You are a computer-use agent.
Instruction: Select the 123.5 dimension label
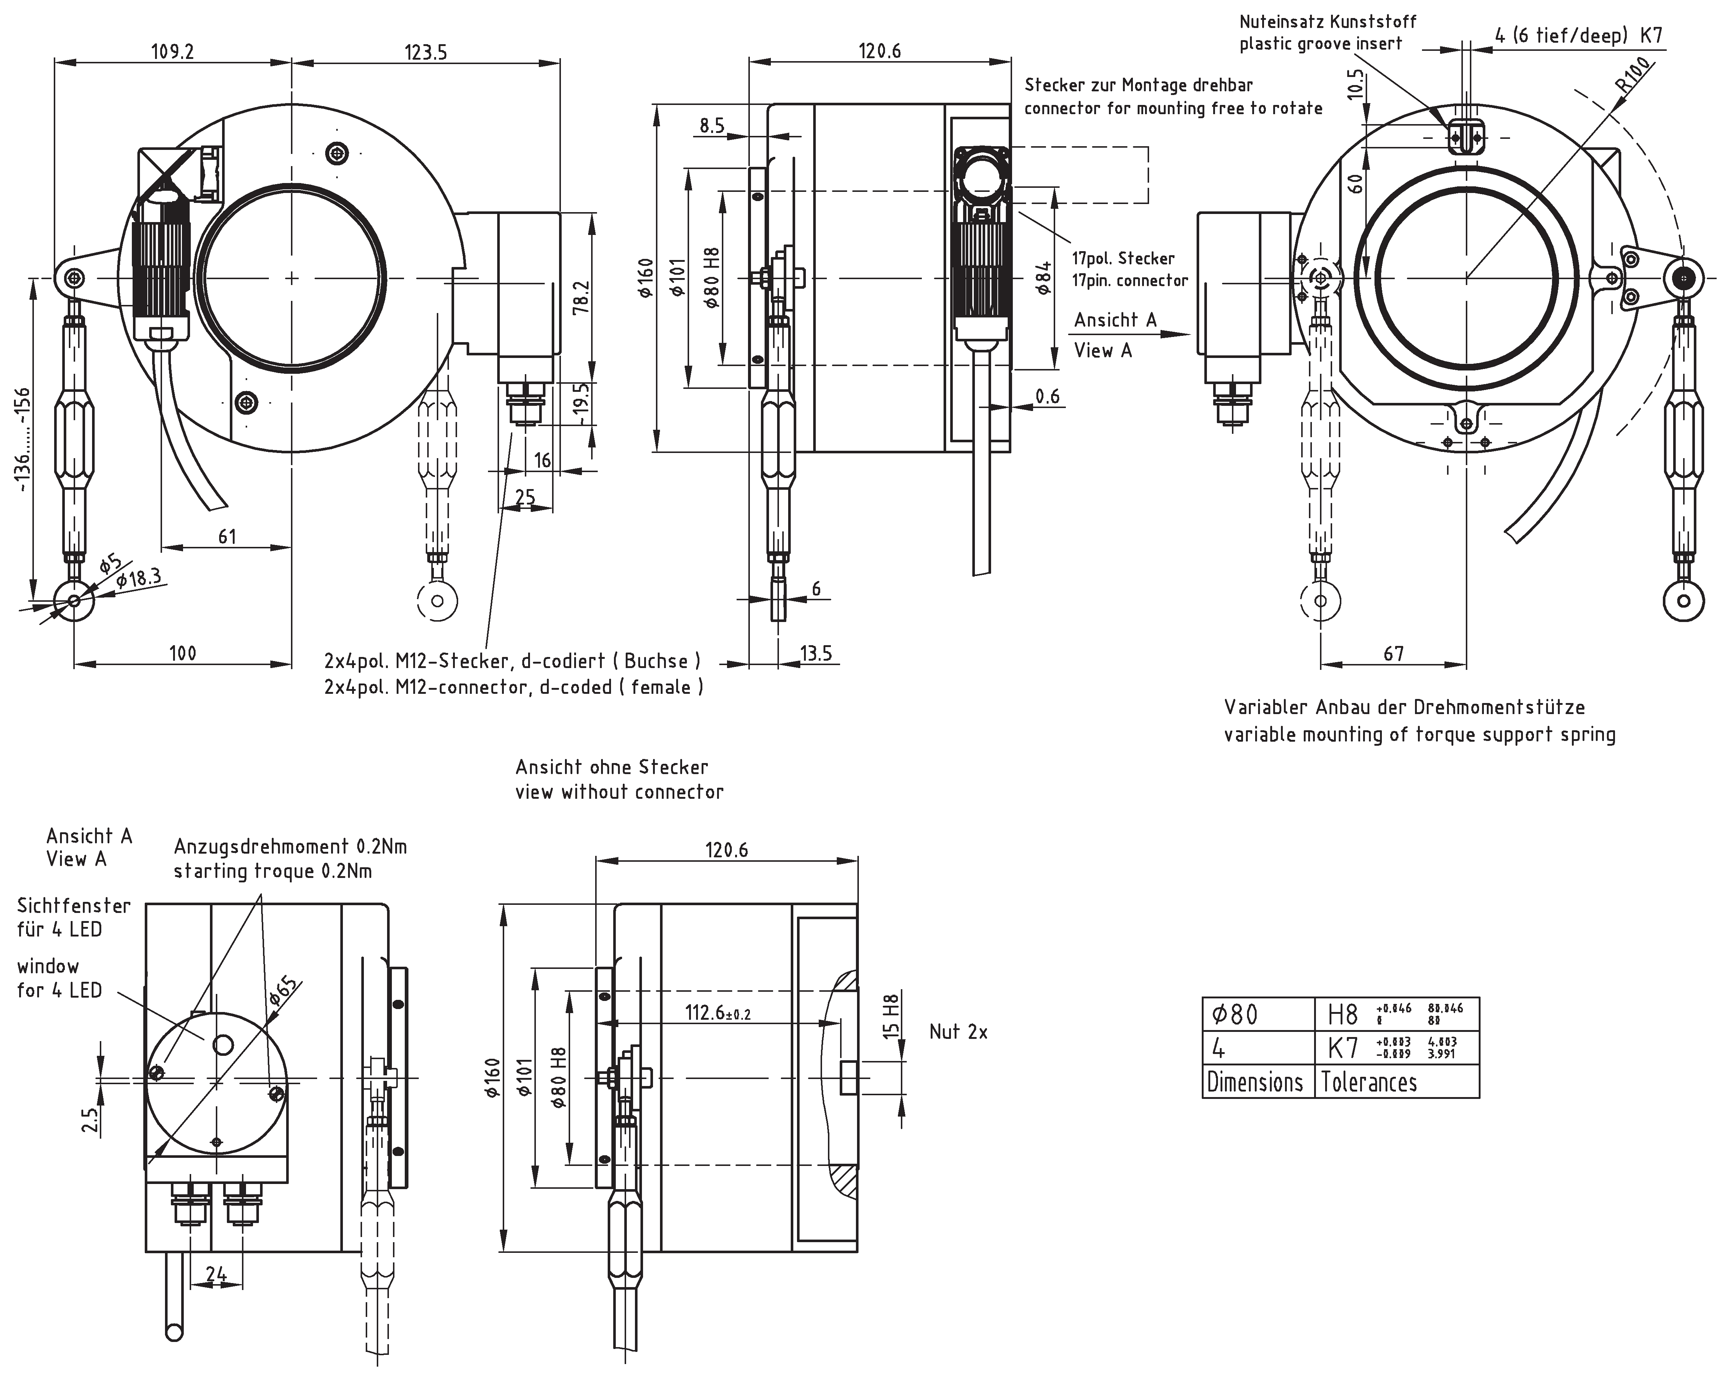coord(425,53)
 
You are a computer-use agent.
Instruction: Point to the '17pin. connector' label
coord(1130,280)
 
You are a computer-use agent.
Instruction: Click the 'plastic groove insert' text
coord(1321,43)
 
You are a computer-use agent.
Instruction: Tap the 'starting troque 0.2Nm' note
coord(273,871)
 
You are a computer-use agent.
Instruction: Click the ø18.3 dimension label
coord(138,578)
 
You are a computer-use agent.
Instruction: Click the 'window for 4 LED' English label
coord(60,978)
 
